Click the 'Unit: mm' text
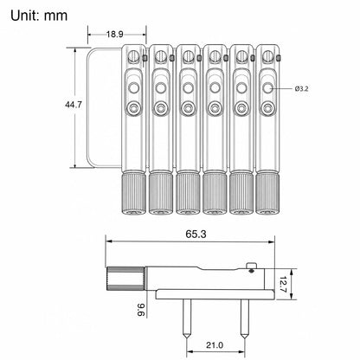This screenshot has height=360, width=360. coord(39,16)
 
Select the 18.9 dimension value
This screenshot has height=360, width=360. coord(115,35)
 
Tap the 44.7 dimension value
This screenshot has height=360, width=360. coord(74,105)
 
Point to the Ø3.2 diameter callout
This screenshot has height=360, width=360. coord(302,89)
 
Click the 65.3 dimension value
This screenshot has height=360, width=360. coord(196,234)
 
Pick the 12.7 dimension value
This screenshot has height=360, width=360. coord(283,285)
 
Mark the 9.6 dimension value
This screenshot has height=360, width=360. coord(140,310)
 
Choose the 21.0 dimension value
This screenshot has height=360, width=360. coord(215,344)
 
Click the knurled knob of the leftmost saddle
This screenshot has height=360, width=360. coord(133,193)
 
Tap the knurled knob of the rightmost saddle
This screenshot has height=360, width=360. coord(267,193)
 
